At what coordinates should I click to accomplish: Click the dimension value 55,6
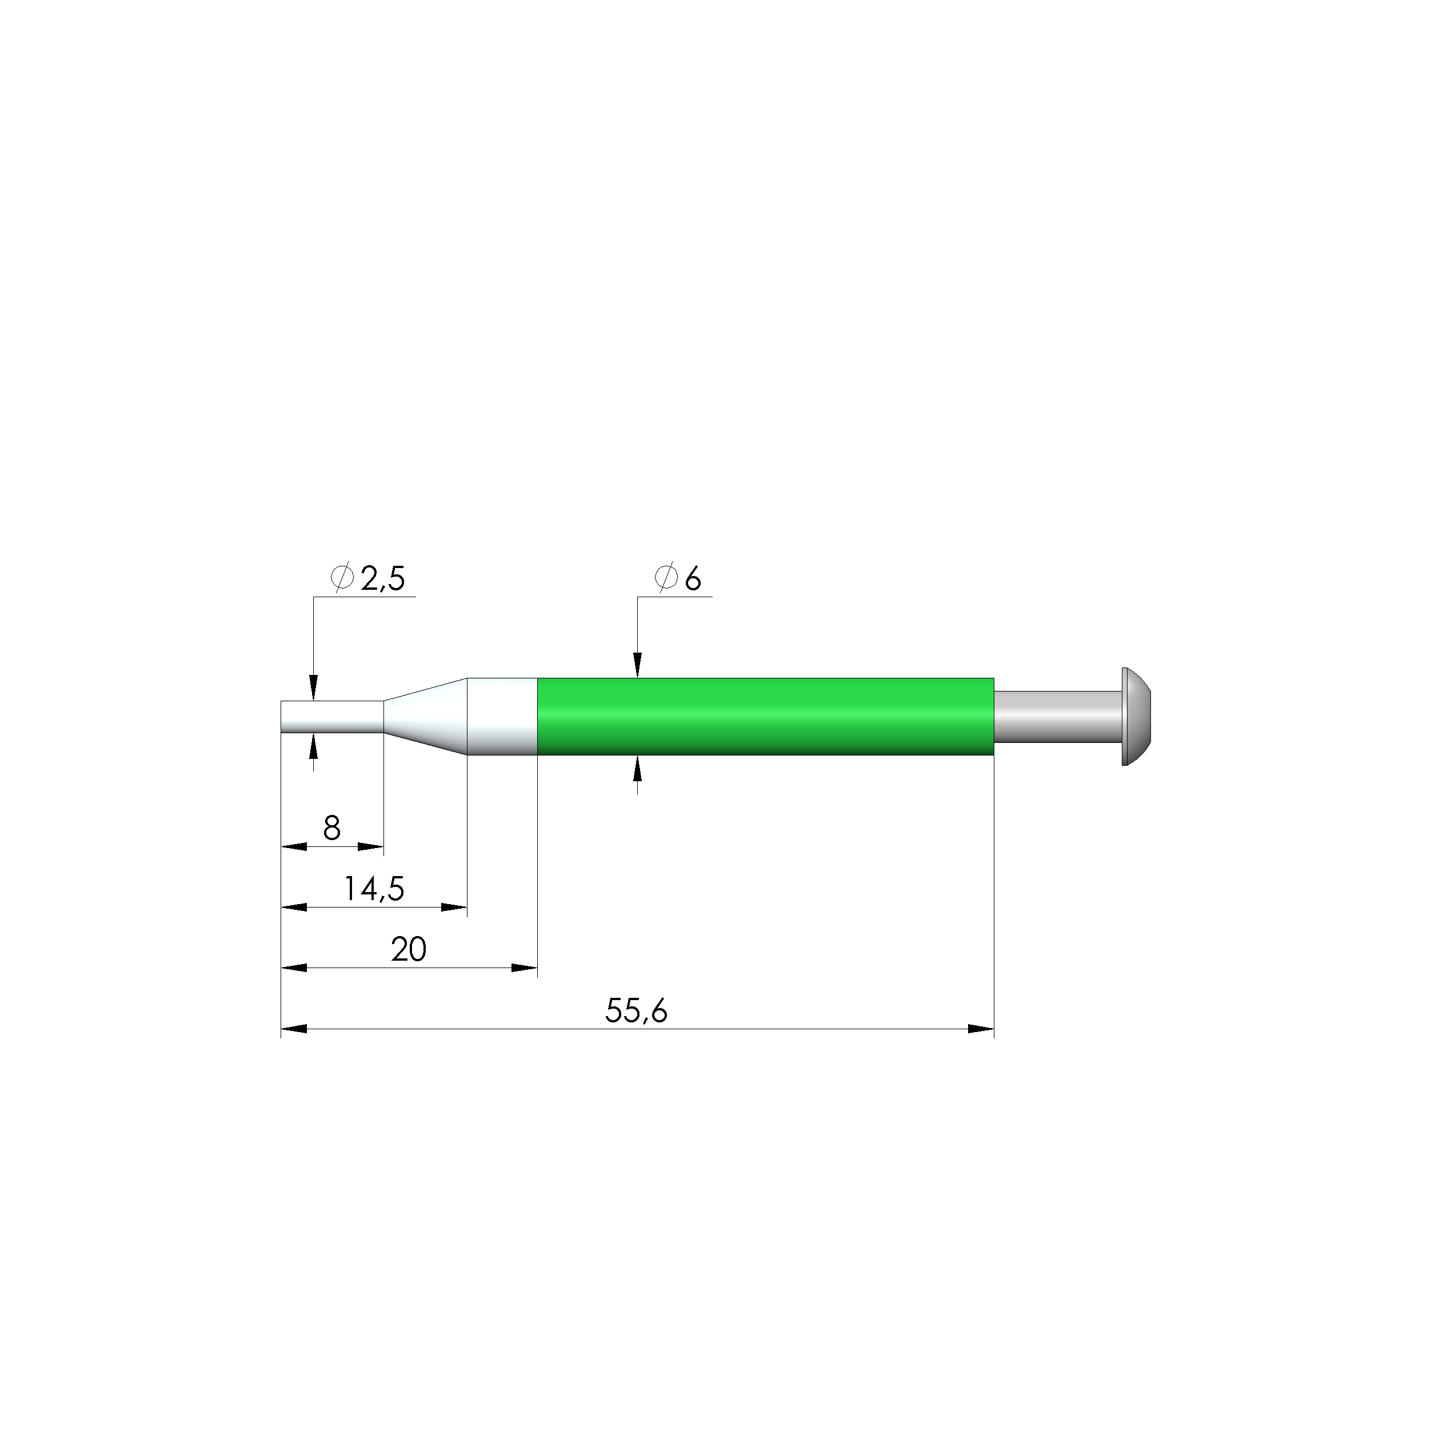(636, 1010)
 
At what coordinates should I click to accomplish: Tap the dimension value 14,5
(375, 888)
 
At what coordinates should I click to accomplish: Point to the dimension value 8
(332, 828)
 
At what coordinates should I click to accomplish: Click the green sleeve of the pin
(765, 716)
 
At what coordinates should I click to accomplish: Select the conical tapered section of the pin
(425, 716)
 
